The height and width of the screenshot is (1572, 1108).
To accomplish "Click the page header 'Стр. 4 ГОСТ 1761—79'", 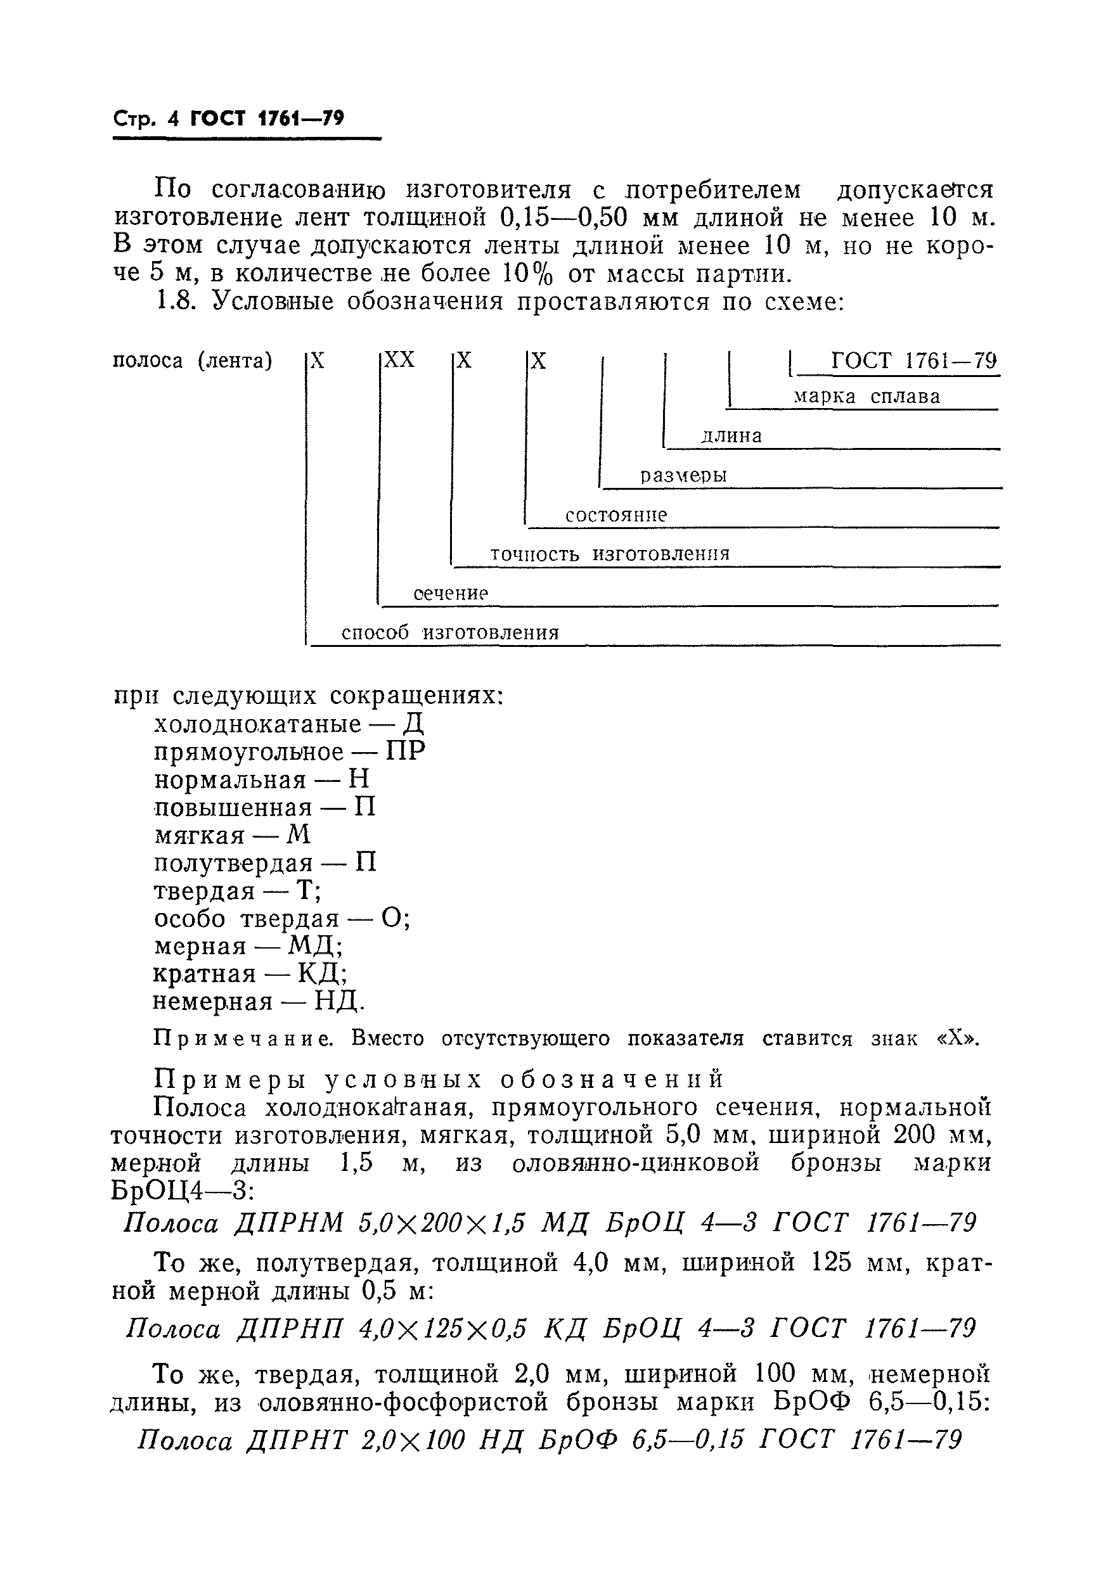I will (228, 118).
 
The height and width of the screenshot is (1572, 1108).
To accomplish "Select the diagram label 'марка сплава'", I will (866, 397).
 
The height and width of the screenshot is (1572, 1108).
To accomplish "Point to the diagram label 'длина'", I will (731, 436).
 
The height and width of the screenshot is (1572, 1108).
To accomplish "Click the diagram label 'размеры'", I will (683, 475).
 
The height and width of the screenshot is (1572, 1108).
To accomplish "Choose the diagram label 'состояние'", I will (615, 515).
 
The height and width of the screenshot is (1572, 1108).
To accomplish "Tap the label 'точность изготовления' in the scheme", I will (610, 554).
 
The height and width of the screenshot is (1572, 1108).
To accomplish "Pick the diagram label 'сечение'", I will (451, 593).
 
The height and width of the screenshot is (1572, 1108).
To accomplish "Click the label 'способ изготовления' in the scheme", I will (450, 632).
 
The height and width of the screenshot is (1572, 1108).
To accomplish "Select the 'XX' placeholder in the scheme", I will (399, 360).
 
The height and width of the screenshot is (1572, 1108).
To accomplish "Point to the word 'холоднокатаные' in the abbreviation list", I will (257, 724).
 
